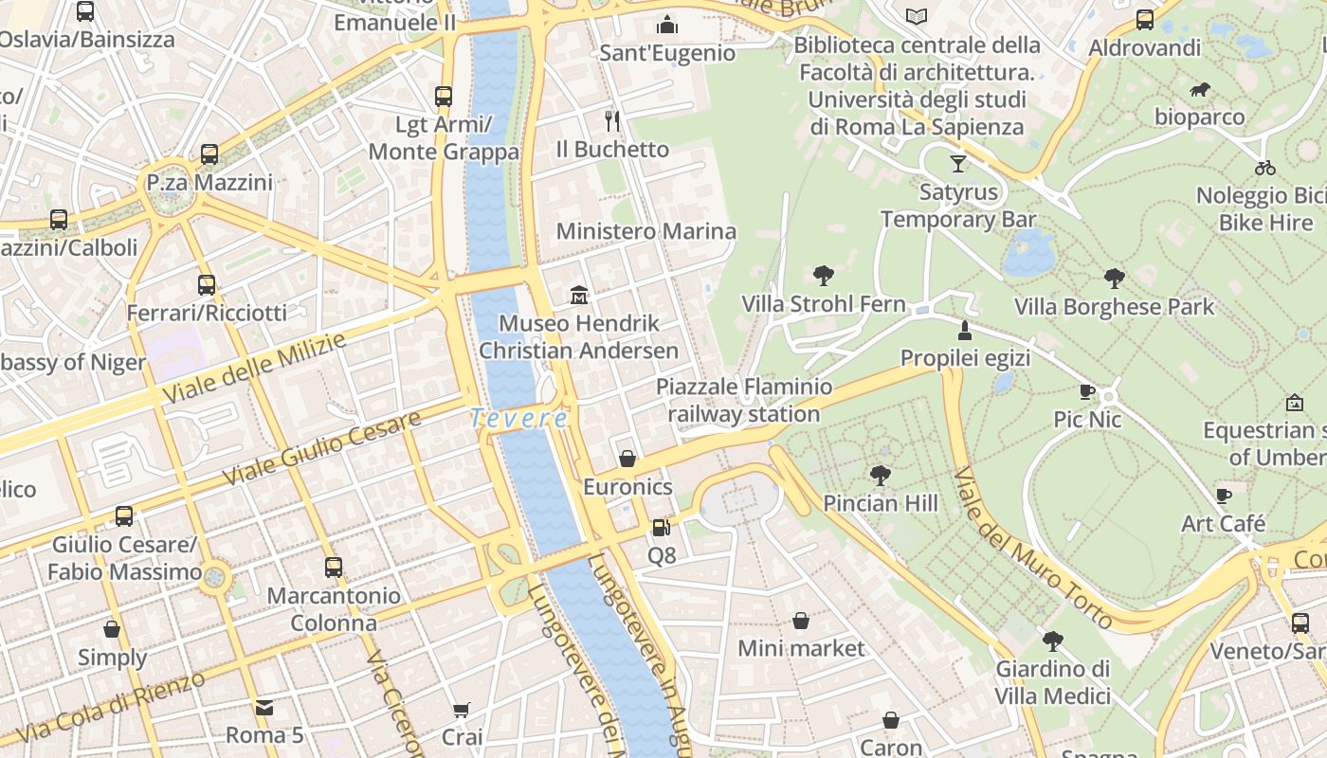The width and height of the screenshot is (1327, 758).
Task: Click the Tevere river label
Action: [519, 418]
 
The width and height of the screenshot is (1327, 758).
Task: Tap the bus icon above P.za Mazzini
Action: [209, 153]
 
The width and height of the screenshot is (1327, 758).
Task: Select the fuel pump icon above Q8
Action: [662, 527]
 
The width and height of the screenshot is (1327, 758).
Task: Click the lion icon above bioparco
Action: [1200, 90]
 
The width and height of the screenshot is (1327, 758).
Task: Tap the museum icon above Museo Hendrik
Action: [579, 296]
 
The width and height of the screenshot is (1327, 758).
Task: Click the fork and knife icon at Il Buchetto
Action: [612, 120]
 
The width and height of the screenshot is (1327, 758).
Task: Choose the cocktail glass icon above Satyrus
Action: [958, 164]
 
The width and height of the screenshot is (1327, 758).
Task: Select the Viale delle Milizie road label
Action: [254, 369]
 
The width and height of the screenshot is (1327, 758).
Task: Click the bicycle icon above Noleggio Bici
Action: [1265, 168]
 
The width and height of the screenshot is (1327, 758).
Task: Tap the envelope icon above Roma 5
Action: [264, 707]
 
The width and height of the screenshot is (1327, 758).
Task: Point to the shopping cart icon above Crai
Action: [462, 710]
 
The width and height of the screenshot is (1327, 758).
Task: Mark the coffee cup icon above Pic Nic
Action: [1087, 391]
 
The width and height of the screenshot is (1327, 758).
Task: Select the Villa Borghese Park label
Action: [1114, 307]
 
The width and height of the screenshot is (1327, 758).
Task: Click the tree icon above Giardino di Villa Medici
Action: [1052, 641]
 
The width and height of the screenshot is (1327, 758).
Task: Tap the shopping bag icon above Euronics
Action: [627, 459]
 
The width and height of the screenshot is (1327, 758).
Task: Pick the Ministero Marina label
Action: [645, 231]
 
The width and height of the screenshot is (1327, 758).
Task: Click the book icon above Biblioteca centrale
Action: [917, 16]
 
